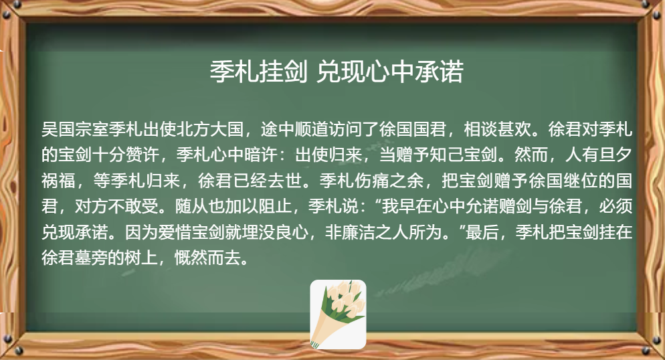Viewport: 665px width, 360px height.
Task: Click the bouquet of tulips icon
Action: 338,314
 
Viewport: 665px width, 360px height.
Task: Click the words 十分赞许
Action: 126,155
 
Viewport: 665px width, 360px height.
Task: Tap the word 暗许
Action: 261,155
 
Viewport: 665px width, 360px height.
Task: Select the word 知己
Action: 447,155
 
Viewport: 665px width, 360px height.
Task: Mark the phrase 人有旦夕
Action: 599,155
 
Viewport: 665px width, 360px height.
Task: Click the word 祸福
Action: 58,181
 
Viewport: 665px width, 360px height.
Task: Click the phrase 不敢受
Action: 134,207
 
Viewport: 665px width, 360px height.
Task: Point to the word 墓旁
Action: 92,258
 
